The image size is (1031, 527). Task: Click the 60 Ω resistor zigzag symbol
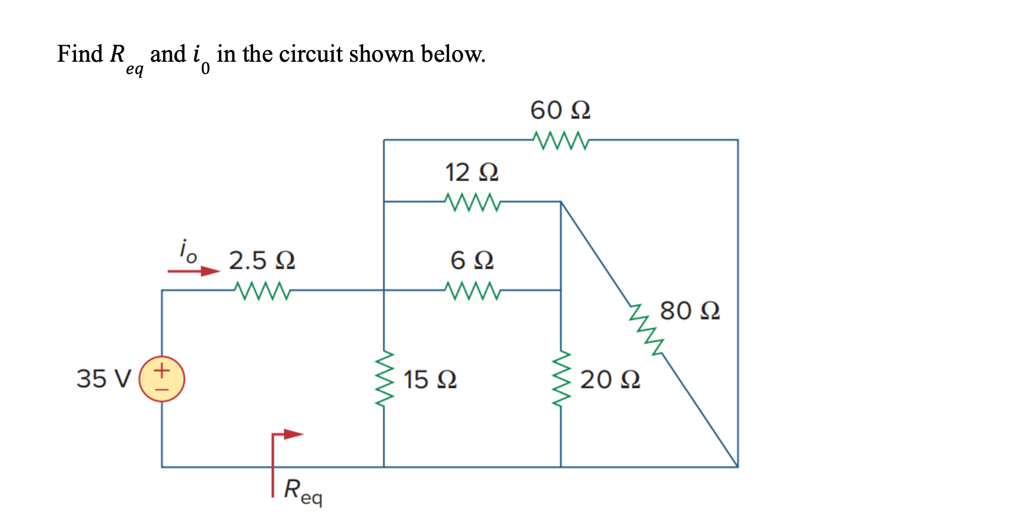pyautogui.click(x=560, y=140)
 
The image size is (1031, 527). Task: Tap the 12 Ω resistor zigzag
pyautogui.click(x=473, y=202)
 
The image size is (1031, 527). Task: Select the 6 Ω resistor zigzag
pyautogui.click(x=473, y=290)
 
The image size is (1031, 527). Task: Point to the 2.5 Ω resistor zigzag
pyautogui.click(x=262, y=290)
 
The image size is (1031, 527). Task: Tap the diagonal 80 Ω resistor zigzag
pyautogui.click(x=647, y=330)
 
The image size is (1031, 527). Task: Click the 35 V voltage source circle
pyautogui.click(x=162, y=379)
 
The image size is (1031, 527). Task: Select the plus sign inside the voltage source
pyautogui.click(x=162, y=371)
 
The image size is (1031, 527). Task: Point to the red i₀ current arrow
pyautogui.click(x=194, y=271)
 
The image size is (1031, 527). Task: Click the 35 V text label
pyautogui.click(x=104, y=379)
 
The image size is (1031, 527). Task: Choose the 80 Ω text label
pyautogui.click(x=690, y=311)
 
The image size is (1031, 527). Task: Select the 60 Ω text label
pyautogui.click(x=560, y=110)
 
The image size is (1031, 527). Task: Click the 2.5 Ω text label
pyautogui.click(x=262, y=260)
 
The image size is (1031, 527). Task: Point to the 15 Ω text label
pyautogui.click(x=430, y=379)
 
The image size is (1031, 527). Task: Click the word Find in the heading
pyautogui.click(x=80, y=54)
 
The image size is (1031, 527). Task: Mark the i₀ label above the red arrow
pyautogui.click(x=188, y=251)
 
